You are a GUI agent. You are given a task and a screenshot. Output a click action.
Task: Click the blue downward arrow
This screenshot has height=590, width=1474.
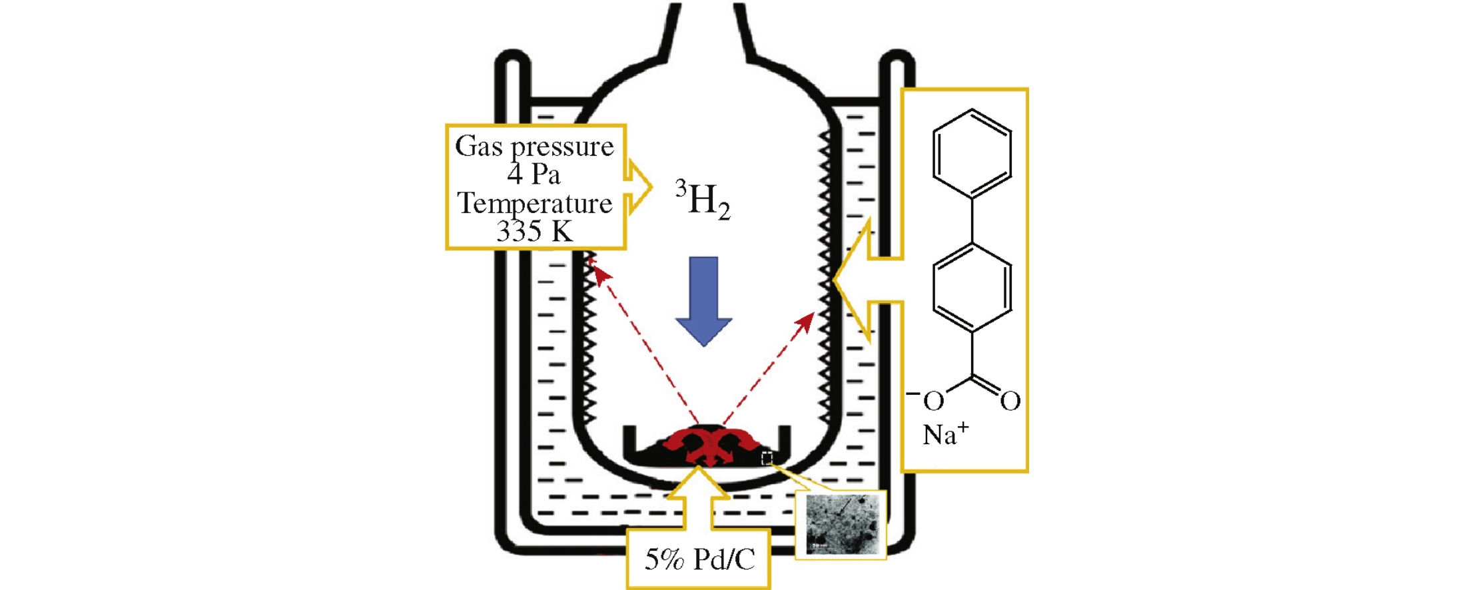click(703, 300)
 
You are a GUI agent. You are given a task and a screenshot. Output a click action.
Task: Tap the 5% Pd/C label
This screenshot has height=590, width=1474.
click(699, 559)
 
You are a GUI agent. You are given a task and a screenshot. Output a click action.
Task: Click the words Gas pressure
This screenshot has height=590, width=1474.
click(534, 147)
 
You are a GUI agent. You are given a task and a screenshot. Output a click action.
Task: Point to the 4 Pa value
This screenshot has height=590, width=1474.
click(534, 174)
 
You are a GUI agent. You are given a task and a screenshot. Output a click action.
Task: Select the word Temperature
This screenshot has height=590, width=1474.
click(534, 203)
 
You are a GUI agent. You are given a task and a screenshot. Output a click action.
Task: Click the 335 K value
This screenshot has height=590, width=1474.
click(534, 231)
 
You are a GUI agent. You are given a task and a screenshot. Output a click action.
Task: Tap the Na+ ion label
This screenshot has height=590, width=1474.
click(945, 435)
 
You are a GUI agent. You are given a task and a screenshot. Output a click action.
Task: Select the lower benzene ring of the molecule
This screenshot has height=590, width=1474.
click(972, 287)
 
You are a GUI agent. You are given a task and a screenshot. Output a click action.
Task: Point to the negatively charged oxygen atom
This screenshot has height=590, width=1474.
click(932, 401)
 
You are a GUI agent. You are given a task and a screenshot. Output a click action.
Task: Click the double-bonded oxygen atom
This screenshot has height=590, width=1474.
click(1010, 401)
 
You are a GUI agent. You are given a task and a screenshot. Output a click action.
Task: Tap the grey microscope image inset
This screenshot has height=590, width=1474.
click(841, 525)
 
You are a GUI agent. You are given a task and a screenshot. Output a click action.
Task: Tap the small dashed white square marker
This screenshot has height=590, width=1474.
click(767, 458)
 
